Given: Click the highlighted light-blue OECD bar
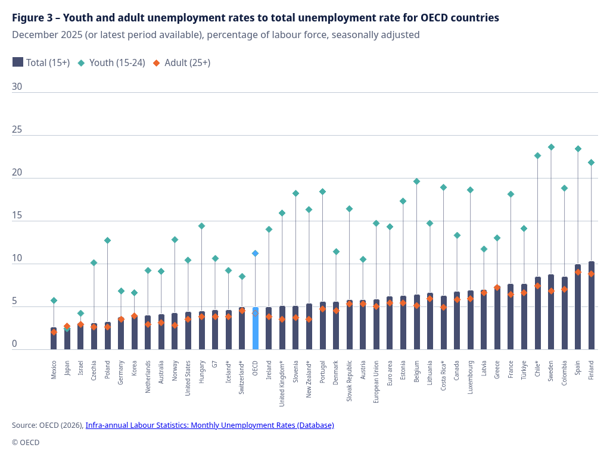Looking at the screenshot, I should [x=256, y=328].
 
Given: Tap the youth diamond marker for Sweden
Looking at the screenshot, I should [x=551, y=147].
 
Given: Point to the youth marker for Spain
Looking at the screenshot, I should [x=578, y=149].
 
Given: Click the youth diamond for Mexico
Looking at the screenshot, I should [x=54, y=301].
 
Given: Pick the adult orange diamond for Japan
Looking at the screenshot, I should [x=67, y=326].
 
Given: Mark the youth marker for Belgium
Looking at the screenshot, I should [x=417, y=181].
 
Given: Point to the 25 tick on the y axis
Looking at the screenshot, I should [x=17, y=130].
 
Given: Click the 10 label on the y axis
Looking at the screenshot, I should [x=17, y=259].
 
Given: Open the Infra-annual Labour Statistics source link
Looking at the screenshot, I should [x=210, y=425].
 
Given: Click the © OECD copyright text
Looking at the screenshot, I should [x=26, y=442].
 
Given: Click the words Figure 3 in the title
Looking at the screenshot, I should [x=32, y=18].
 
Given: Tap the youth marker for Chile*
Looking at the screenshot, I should [x=537, y=156].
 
